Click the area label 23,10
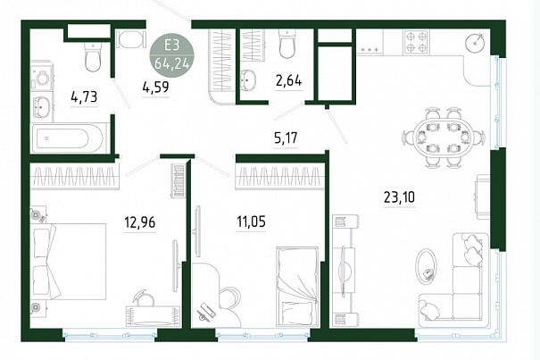399,197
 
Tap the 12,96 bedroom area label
140,222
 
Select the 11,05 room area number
251,222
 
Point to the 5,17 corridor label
286,138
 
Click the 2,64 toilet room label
288,80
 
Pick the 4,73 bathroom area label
84,96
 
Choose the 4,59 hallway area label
155,88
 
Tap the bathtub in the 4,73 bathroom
68,138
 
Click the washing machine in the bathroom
42,77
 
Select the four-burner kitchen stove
416,42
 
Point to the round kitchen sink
476,42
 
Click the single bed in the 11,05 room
297,286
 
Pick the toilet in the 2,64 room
287,44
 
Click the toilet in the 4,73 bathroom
92,57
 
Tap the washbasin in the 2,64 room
247,80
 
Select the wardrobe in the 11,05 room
280,176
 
